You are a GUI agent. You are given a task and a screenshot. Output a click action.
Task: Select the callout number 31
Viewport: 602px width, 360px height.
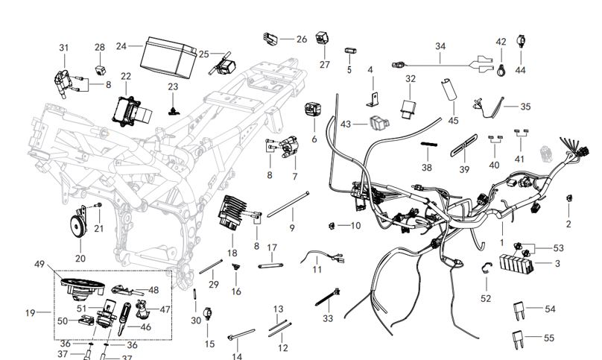point(64,48)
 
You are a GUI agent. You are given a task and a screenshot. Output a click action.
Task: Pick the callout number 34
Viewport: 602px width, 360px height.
point(441,46)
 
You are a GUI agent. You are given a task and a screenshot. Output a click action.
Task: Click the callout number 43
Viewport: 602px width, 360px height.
point(346,124)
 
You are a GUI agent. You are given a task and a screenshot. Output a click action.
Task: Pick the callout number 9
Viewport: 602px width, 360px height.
point(292,227)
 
